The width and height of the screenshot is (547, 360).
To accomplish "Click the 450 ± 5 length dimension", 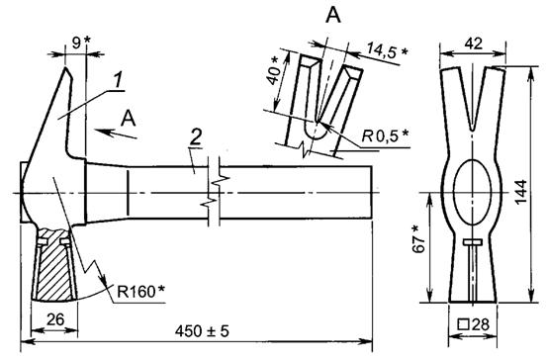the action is pos(202,330).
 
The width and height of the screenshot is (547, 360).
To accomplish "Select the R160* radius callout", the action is pos(141,292).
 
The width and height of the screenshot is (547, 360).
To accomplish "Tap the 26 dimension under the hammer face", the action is pos(55,319).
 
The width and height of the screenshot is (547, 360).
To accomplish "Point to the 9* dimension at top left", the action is pos(81,43).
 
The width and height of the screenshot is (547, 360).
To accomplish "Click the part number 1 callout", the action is pos(119,80).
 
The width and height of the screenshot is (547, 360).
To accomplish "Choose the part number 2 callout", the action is pos(196,137).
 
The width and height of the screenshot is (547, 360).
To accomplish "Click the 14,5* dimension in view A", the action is pos(387,50).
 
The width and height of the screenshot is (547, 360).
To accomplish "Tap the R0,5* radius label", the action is pos(385,135).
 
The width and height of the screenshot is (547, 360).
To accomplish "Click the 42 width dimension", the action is pos(474,44).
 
